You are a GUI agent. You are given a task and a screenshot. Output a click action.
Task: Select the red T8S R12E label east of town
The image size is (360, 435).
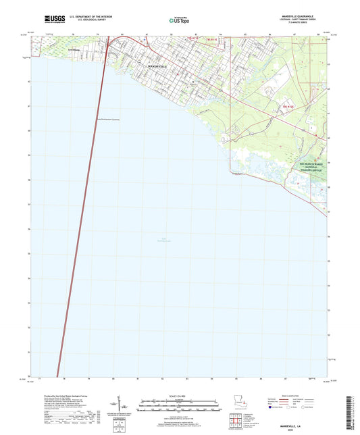click(288, 107)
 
